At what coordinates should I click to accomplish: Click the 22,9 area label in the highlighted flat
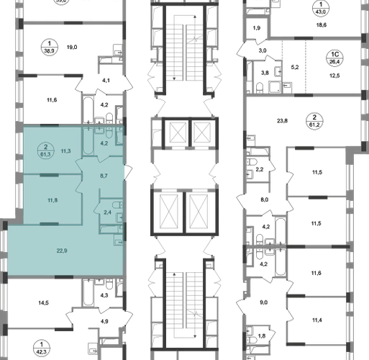coord(62,251)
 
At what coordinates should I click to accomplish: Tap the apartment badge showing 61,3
coord(45,150)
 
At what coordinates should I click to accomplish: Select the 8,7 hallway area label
coord(104,176)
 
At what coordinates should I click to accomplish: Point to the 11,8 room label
coord(53,200)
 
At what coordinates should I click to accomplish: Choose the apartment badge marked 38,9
coord(50,47)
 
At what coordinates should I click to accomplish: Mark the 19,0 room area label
coord(72,48)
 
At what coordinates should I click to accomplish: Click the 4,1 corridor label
coord(106,81)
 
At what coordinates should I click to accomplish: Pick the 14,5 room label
coord(43,303)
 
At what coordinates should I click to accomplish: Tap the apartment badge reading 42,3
coord(41,348)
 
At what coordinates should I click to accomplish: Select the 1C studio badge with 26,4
coord(334,58)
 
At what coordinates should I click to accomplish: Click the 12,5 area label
coord(334,76)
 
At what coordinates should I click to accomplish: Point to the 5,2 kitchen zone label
coord(295,68)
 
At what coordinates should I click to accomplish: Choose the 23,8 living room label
coord(282,121)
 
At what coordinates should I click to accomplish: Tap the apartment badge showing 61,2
coord(314,121)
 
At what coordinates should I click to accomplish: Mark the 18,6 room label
coord(322,25)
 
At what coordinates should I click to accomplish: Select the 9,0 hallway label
coord(263,302)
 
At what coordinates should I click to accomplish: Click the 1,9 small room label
coord(257,28)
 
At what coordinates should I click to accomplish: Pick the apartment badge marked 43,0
coord(321,8)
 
